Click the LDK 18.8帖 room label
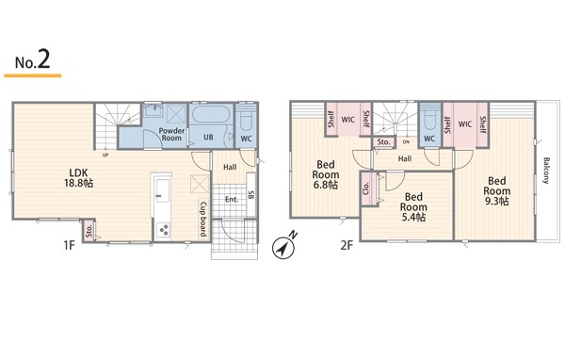pos(78,178)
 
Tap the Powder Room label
pos(171,134)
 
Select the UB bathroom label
pos(208,137)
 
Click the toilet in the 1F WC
pos(247,120)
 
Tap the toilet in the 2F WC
pos(430,120)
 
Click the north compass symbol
pos(284,247)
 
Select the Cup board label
pos(203,219)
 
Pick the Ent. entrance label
pos(232,200)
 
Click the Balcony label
pos(546,171)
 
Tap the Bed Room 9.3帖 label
pos(497,190)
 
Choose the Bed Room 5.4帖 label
pos(413,207)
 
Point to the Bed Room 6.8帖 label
pos(326,175)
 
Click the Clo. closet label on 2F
pos(366,188)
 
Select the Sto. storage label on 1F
pos(89,230)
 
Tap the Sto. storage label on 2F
pos(383,142)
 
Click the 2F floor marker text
pos(347,246)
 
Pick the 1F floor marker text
pos(69,246)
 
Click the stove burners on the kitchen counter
pos(163,230)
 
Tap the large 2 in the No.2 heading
pos(43,60)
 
